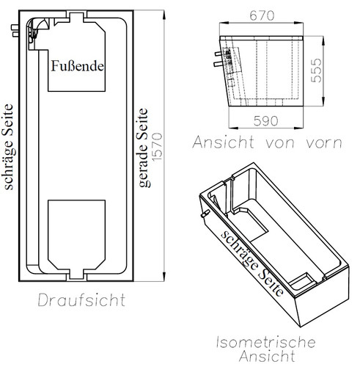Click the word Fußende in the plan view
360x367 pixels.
(77, 66)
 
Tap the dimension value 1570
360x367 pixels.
(157, 147)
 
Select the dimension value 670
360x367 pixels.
(262, 15)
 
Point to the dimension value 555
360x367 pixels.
(316, 70)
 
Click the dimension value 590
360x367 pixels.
(265, 121)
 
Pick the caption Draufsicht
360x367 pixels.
(81, 299)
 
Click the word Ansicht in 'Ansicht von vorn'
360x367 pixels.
(223, 142)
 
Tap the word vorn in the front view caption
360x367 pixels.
(324, 143)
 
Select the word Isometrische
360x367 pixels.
(266, 342)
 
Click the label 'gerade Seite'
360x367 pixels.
(144, 148)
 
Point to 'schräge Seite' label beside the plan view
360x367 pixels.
(9, 147)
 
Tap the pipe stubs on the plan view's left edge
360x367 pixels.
(15, 31)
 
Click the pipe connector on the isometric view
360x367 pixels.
(205, 214)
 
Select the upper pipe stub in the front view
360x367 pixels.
(218, 54)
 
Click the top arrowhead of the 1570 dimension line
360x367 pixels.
(164, 15)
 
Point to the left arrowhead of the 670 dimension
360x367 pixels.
(224, 23)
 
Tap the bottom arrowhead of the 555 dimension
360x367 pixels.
(323, 101)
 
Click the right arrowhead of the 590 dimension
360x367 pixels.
(298, 128)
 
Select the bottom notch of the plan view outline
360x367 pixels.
(77, 275)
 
